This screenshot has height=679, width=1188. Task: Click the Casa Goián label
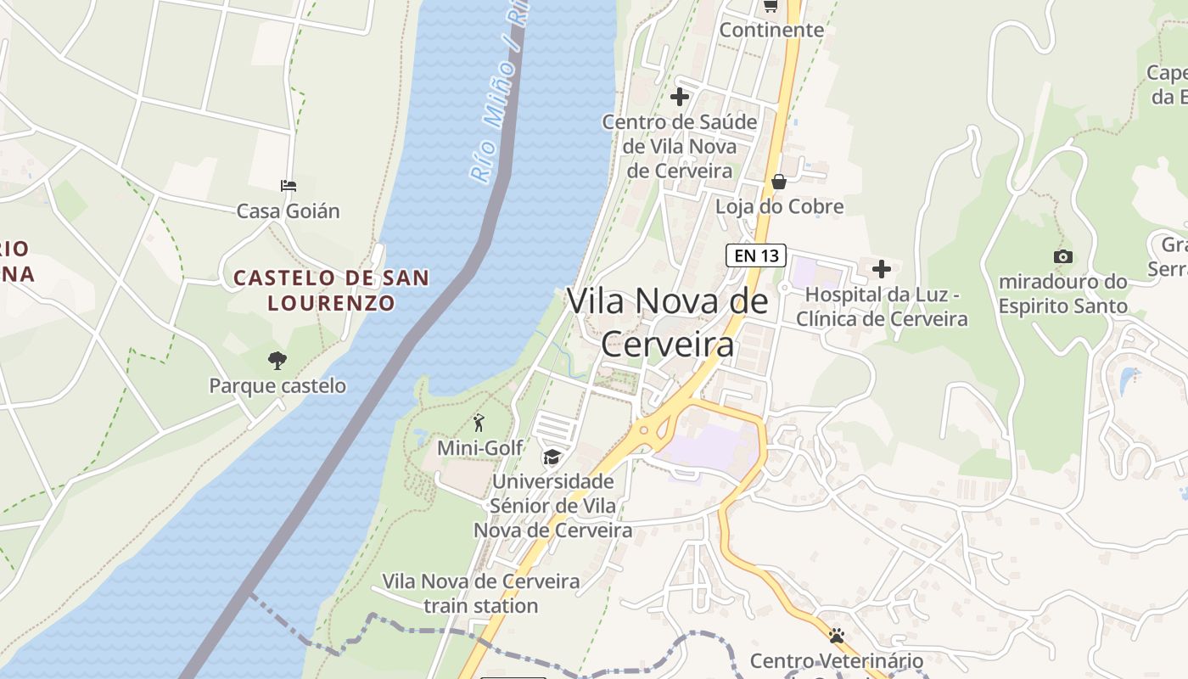[288, 211]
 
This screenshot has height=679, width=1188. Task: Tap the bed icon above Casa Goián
[289, 185]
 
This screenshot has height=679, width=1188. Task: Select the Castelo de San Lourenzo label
[331, 290]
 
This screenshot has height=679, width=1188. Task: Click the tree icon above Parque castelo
[277, 361]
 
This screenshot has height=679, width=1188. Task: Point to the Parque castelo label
[277, 386]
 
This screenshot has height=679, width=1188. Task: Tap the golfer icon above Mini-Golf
[479, 423]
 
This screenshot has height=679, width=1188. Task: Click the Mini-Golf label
[479, 448]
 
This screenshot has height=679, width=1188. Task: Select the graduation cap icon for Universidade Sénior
[552, 457]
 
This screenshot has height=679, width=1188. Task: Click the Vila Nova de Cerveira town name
[667, 323]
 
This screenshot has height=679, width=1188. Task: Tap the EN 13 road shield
[755, 255]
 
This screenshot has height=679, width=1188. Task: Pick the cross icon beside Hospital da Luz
[882, 269]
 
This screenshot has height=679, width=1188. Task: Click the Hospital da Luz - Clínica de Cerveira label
[882, 307]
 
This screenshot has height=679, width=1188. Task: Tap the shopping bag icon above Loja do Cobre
[778, 182]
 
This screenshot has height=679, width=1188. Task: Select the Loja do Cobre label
[779, 207]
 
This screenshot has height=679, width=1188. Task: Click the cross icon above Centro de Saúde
[679, 97]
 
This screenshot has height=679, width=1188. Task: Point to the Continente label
[771, 31]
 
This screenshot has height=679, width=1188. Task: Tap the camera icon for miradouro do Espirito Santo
[1062, 256]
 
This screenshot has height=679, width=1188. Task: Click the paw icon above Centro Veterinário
[837, 635]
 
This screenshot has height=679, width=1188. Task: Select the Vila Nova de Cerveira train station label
[481, 593]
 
